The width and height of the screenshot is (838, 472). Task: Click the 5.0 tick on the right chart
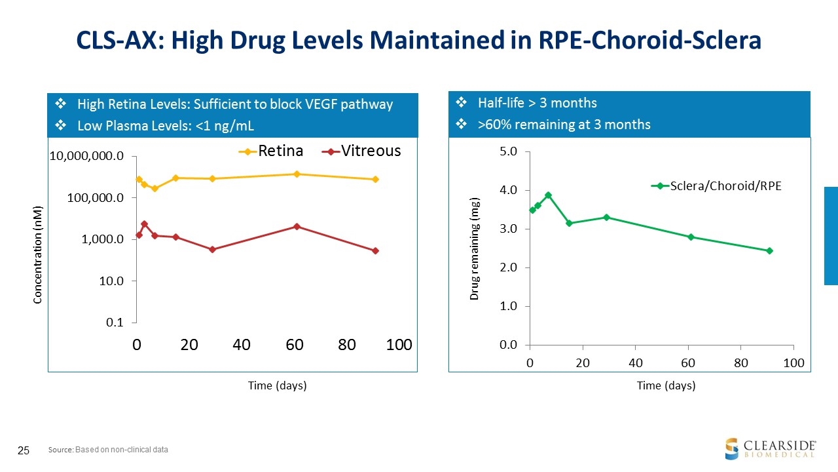click(x=509, y=151)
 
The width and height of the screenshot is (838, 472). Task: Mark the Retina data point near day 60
click(x=297, y=174)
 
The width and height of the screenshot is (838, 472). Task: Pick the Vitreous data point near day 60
click(x=297, y=226)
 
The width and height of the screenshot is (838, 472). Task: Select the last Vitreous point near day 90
click(x=375, y=250)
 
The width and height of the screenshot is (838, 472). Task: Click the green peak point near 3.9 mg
click(x=549, y=195)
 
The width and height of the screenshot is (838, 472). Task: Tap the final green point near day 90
click(x=769, y=250)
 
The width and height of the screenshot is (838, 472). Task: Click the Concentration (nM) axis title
click(x=38, y=254)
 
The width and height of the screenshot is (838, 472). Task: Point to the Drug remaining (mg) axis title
click(x=475, y=248)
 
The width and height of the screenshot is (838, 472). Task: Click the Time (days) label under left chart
click(x=277, y=385)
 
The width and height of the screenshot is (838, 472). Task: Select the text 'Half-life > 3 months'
click(x=537, y=103)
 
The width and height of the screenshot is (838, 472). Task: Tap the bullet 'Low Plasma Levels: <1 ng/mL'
click(x=165, y=125)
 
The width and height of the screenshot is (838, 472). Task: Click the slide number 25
click(x=24, y=450)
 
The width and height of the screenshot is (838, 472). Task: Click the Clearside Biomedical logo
click(x=770, y=448)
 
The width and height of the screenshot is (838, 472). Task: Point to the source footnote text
click(x=108, y=450)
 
